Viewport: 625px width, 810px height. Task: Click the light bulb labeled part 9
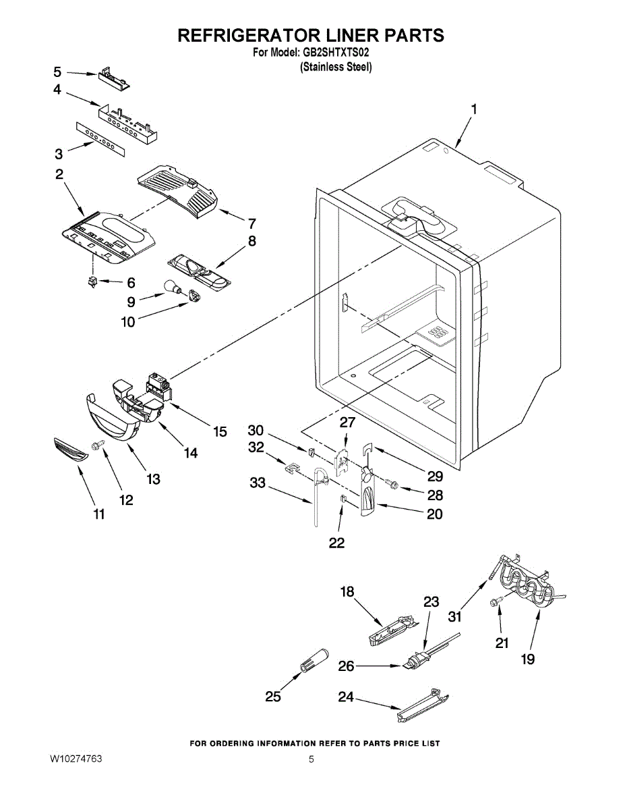click(x=173, y=288)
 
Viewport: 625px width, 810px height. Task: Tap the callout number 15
click(x=220, y=431)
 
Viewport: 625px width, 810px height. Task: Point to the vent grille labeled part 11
click(x=71, y=450)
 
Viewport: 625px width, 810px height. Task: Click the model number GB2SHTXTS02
click(x=336, y=53)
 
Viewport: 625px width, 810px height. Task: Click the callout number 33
click(x=258, y=483)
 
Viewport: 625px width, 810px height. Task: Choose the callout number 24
click(x=346, y=697)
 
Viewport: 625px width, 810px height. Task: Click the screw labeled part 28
click(x=392, y=484)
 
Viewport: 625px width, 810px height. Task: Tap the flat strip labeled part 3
click(x=100, y=138)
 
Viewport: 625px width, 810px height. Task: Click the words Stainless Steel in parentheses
click(x=336, y=67)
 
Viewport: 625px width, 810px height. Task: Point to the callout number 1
click(x=473, y=109)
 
